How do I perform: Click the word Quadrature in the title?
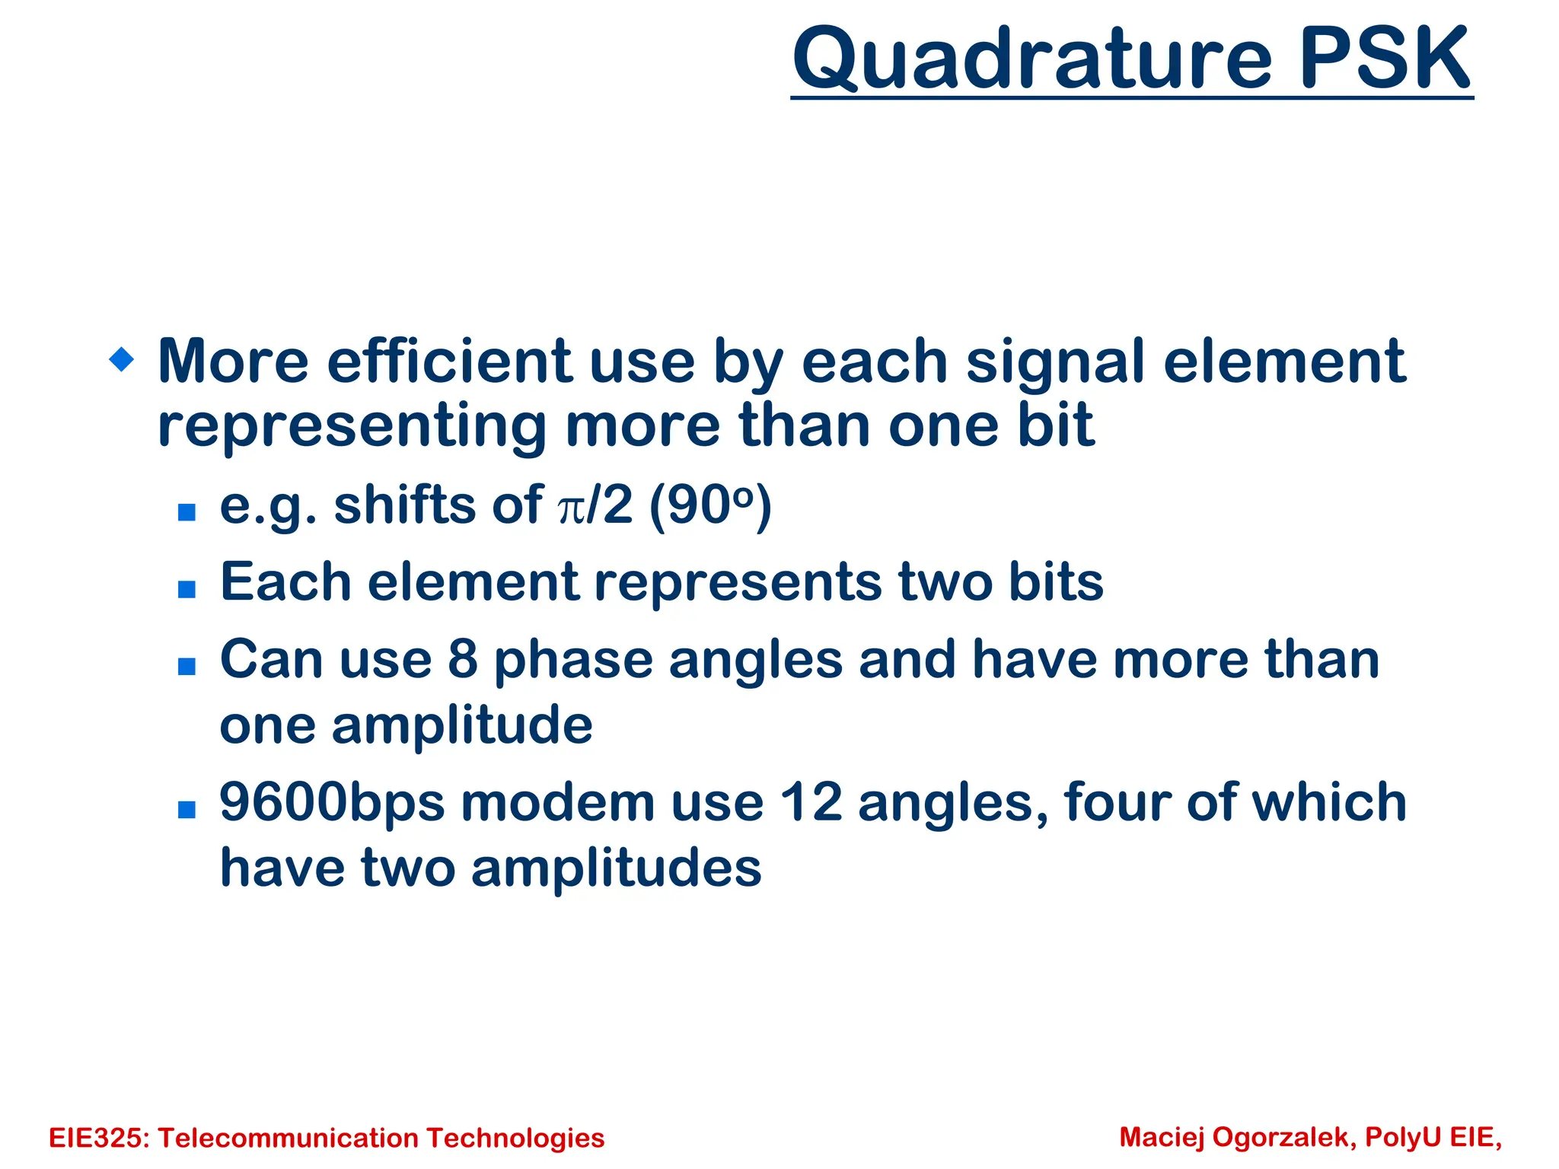[1032, 59]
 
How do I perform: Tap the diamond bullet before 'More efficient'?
[122, 358]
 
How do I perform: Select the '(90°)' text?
[709, 505]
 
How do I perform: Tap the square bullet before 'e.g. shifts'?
[187, 511]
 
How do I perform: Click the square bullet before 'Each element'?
[187, 589]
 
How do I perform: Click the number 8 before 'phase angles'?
[462, 659]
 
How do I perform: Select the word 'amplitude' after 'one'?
[462, 725]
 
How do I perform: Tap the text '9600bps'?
[331, 804]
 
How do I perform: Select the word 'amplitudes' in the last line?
[616, 868]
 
